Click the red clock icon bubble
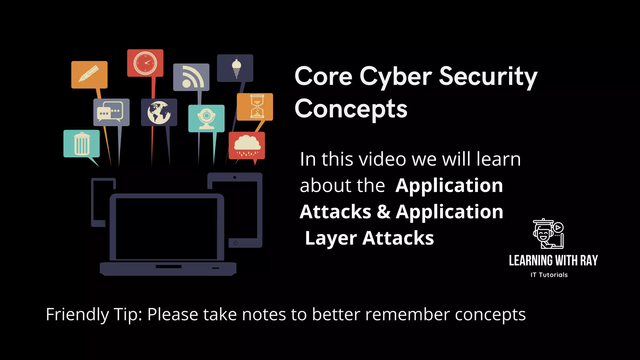(145, 63)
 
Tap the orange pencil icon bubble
(89, 74)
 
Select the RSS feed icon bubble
(191, 77)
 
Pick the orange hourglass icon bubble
(255, 107)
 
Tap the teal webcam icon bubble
(206, 118)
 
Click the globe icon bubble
(159, 112)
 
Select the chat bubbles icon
(111, 112)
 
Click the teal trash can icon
(82, 143)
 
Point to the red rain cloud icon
(247, 145)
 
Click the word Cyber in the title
(396, 76)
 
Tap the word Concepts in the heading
(351, 109)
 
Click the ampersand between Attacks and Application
(383, 212)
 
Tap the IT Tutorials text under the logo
(549, 275)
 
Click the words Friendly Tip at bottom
(94, 314)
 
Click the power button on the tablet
(236, 243)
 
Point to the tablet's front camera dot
(235, 177)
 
